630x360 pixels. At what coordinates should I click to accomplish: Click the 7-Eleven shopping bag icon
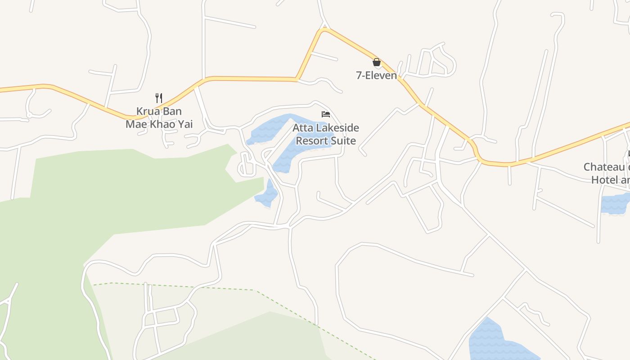tap(377, 62)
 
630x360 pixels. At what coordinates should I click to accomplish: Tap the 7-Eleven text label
tap(376, 75)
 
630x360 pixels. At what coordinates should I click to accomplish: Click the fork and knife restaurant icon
tap(158, 98)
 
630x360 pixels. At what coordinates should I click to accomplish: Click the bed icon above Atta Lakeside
tap(326, 114)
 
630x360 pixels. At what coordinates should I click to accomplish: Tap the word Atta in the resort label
tap(302, 128)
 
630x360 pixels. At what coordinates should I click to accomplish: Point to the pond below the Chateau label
tap(615, 203)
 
